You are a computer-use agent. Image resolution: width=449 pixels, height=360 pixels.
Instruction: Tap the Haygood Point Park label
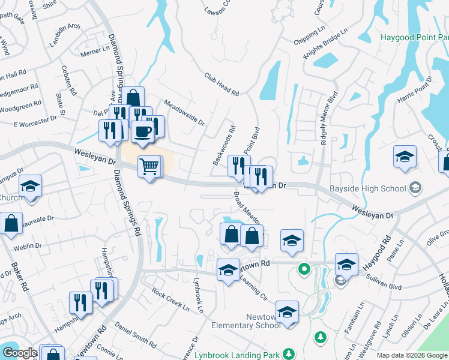pyautogui.click(x=414, y=37)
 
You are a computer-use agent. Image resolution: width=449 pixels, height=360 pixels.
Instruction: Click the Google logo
pyautogui.click(x=19, y=353)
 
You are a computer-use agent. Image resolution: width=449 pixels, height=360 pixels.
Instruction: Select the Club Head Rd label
pyautogui.click(x=221, y=85)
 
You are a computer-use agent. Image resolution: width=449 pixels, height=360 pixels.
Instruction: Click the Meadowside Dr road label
pyautogui.click(x=184, y=112)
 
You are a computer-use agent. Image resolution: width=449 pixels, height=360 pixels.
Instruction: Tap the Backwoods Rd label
pyautogui.click(x=224, y=145)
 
